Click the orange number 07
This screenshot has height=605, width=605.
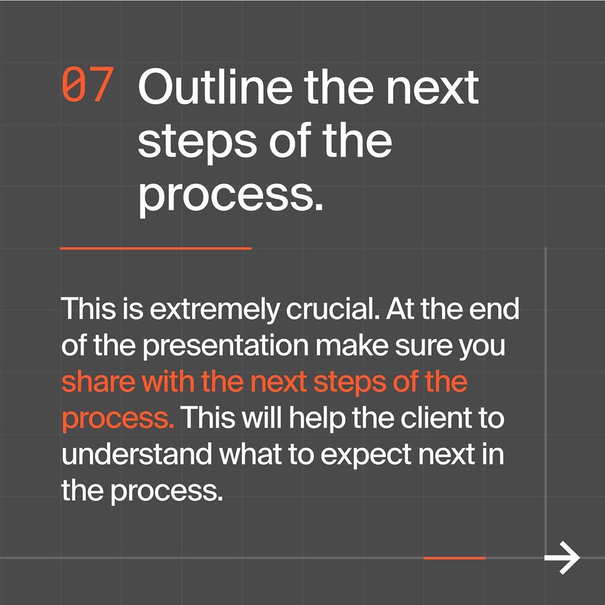[x=88, y=85]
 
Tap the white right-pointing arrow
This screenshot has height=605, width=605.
[x=562, y=557]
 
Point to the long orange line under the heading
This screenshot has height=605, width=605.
[x=156, y=249]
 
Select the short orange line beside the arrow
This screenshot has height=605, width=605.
[x=454, y=558]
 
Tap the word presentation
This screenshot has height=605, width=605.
[x=226, y=347]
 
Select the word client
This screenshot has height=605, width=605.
[x=436, y=418]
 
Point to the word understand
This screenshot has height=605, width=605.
[x=137, y=454]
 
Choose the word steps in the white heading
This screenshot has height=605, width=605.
[x=197, y=143]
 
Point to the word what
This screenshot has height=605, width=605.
[x=250, y=454]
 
